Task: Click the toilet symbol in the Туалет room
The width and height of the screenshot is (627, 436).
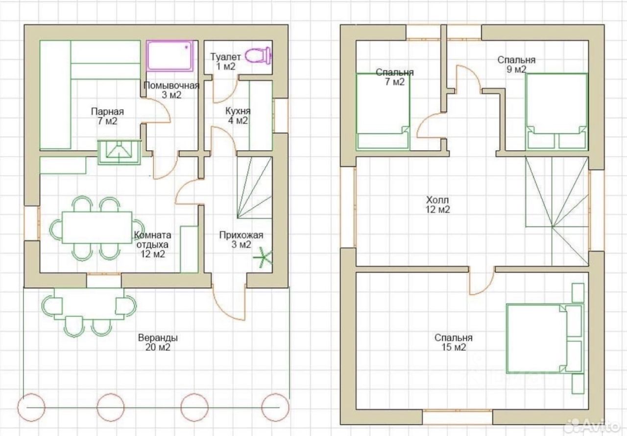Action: (258, 55)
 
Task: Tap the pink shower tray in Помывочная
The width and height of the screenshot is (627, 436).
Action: (169, 55)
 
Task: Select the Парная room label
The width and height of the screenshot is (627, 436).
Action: (107, 116)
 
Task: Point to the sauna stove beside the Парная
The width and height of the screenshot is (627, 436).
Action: (119, 152)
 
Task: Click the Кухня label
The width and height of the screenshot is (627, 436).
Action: (238, 116)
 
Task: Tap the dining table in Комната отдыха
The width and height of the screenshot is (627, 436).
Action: (97, 227)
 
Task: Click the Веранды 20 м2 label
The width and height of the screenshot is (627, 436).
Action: (158, 342)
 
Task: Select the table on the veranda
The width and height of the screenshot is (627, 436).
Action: (89, 304)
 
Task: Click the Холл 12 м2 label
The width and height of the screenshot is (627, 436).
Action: (437, 205)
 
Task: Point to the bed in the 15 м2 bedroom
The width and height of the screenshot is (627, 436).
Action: (545, 339)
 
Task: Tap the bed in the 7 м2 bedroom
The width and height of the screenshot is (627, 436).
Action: (383, 111)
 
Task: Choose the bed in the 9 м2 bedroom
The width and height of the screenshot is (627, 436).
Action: (556, 111)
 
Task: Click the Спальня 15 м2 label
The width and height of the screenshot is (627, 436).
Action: (454, 342)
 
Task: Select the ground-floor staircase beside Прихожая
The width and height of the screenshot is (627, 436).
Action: (254, 187)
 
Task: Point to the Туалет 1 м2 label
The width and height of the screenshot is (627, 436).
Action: (225, 62)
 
